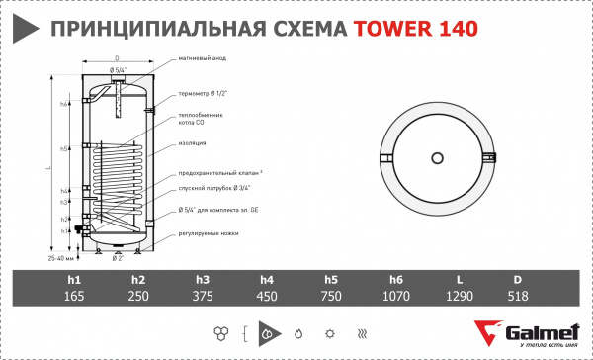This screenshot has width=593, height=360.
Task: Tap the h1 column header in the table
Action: coord(74,280)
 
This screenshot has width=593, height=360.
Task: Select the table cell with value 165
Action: coord(74,297)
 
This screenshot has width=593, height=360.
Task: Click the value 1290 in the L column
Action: coord(458,297)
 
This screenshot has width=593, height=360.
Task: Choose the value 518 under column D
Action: coord(521,297)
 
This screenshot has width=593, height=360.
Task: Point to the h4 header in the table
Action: coord(267,280)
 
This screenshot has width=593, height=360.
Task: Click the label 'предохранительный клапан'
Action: coord(218,174)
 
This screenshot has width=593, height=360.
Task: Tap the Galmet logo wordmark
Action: coord(542,332)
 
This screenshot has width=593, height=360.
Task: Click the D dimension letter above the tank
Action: coord(117,58)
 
